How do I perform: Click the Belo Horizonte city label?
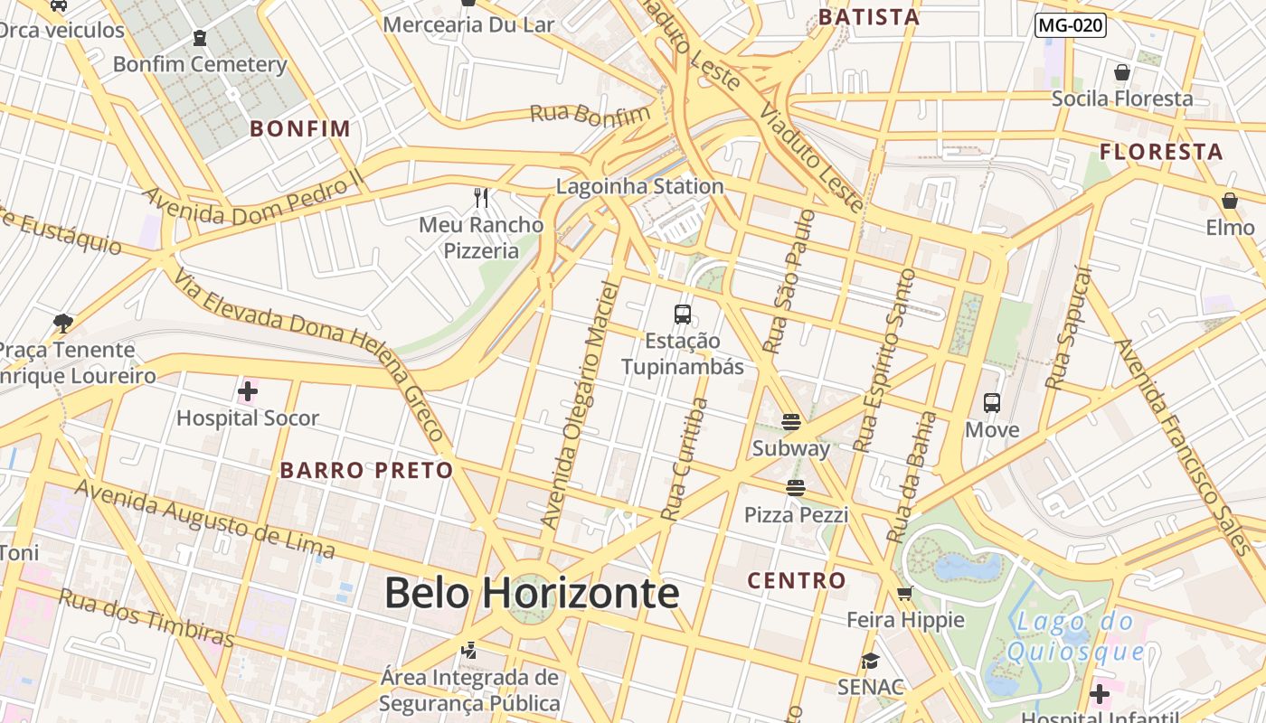[x=532, y=594]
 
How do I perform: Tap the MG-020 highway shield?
[x=1071, y=25]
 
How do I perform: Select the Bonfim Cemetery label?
[x=200, y=64]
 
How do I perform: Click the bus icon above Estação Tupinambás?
[x=683, y=315]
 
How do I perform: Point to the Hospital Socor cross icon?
[x=247, y=391]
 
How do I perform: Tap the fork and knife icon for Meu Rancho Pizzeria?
[x=481, y=197]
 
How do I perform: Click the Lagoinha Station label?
[x=640, y=187]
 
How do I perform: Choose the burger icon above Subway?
[x=791, y=422]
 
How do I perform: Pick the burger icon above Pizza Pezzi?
[x=796, y=489]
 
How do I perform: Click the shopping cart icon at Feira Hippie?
[x=905, y=594]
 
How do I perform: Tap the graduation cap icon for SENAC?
[x=870, y=661]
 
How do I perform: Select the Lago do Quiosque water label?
[x=1075, y=636]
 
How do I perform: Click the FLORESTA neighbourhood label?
[x=1161, y=152]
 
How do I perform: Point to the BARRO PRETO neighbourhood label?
[x=366, y=470]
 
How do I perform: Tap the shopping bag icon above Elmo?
[x=1230, y=201]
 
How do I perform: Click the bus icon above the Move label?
[x=992, y=403]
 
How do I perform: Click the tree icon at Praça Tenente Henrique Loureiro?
[x=63, y=323]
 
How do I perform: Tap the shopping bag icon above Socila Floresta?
[x=1122, y=72]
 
